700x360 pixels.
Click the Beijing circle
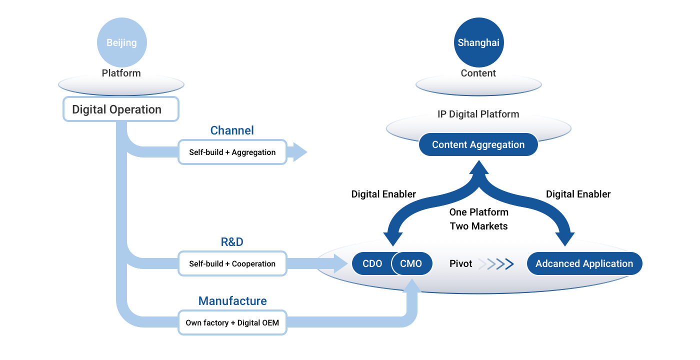click(x=121, y=42)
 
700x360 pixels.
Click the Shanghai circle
click(x=478, y=42)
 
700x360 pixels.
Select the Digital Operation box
click(x=120, y=109)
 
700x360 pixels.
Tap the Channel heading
click(x=232, y=130)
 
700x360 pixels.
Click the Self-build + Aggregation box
click(x=232, y=152)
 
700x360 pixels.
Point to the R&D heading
click(x=232, y=242)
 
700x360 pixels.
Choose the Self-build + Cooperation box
click(x=232, y=263)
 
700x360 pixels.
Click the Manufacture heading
click(x=232, y=301)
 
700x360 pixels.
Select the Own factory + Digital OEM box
click(x=232, y=323)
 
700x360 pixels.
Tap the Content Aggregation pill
click(x=478, y=144)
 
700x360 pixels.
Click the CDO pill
click(x=371, y=263)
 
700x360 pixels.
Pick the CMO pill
click(x=411, y=263)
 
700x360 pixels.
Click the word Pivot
click(x=460, y=263)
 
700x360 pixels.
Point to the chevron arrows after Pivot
click(x=496, y=264)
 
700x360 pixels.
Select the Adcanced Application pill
click(x=584, y=263)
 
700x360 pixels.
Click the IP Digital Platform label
click(x=478, y=114)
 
